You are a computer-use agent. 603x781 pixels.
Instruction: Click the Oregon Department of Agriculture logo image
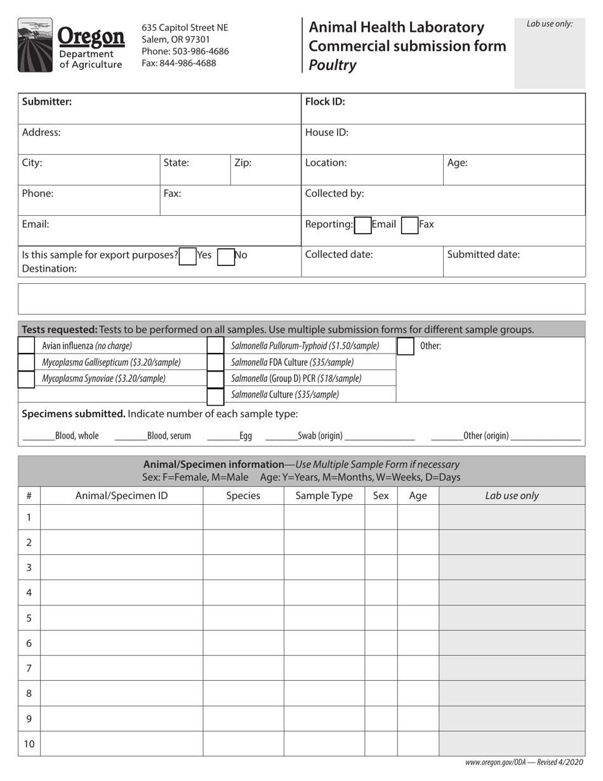coord(70,44)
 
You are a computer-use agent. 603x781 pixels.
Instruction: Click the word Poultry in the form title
coord(332,65)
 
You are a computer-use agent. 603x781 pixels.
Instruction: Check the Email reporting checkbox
coord(362,225)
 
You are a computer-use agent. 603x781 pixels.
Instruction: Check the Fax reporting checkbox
coord(409,225)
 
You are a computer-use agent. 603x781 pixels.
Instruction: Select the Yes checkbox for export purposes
coord(188,256)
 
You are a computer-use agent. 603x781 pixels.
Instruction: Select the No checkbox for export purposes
coord(226,256)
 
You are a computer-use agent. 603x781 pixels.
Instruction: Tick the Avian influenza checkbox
coord(27,346)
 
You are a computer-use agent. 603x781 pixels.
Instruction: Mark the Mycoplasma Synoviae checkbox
coord(27,379)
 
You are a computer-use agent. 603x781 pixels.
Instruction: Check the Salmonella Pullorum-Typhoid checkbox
coord(216,346)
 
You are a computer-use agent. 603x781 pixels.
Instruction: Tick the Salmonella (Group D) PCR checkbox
coord(216,379)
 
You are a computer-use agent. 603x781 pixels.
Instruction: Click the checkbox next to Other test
coord(405,346)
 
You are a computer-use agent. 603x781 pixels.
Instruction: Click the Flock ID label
coord(325,102)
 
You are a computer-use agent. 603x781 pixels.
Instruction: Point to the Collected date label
coord(339,255)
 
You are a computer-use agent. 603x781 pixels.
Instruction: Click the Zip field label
coord(243,163)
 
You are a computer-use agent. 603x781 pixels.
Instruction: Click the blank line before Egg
coord(222,436)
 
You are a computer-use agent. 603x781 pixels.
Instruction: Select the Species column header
coord(243,496)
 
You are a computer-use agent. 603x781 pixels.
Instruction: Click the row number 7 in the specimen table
coord(29,668)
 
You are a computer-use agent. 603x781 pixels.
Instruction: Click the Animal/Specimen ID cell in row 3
coord(121,567)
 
